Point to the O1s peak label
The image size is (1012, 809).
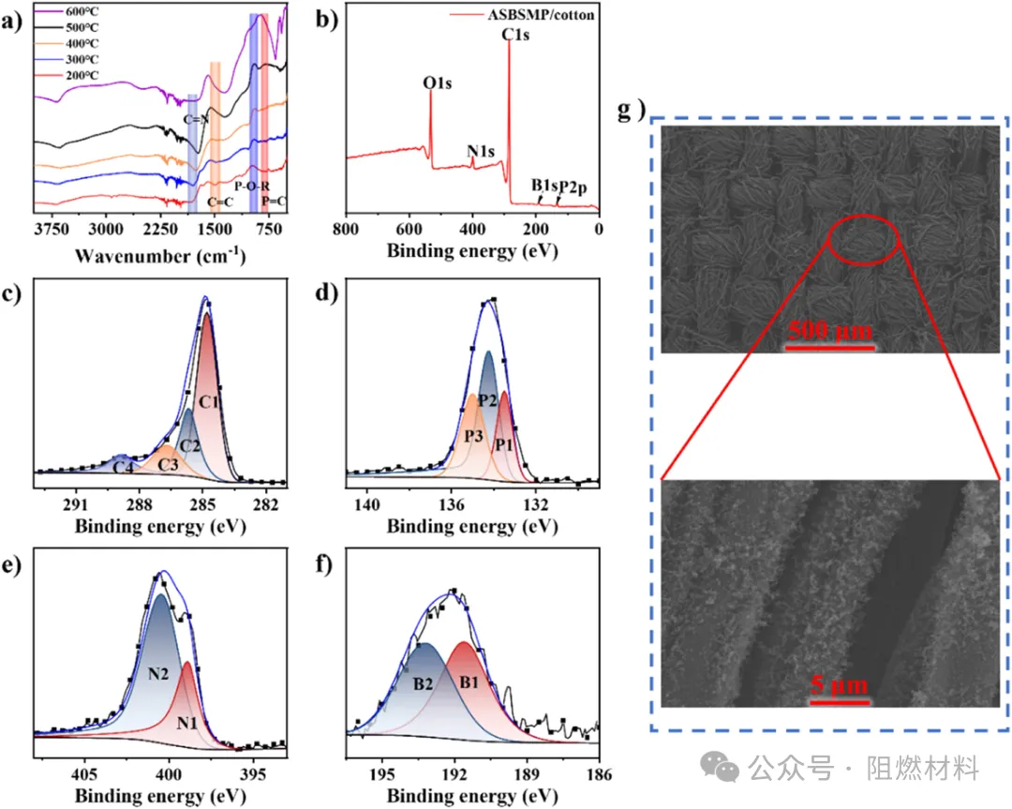pos(438,84)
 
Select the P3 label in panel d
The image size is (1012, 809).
pos(473,438)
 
